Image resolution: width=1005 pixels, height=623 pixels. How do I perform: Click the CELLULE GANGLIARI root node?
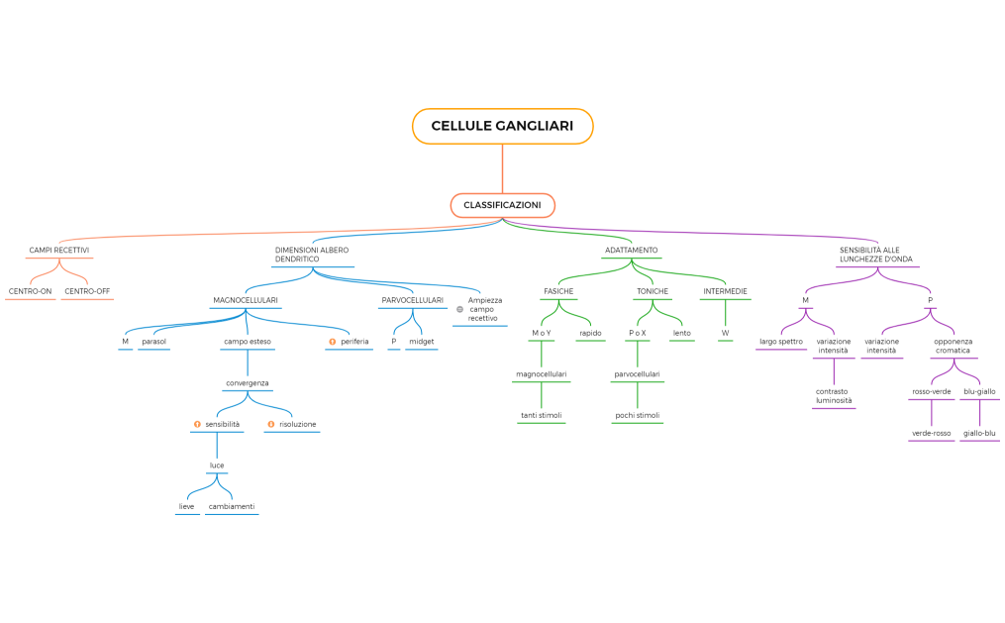coord(503,126)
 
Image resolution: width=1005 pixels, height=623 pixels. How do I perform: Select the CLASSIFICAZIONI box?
coord(503,205)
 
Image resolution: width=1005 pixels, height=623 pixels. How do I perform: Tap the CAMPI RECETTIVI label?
coord(59,250)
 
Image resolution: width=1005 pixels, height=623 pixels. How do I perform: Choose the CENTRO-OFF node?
coord(87,291)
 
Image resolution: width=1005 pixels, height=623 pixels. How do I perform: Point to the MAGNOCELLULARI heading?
coord(246,300)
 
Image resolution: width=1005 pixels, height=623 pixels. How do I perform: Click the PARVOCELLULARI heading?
coord(413,300)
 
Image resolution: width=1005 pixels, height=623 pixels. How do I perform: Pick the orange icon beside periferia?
coord(332,342)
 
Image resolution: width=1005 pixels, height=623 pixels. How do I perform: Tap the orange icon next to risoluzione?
coord(271,424)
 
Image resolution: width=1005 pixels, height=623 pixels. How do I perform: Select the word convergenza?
coord(248,383)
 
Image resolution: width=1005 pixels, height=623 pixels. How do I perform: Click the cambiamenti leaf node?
coord(232,506)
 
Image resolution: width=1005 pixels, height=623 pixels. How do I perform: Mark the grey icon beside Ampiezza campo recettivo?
coord(459,310)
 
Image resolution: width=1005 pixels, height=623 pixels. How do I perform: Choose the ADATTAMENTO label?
coord(632,250)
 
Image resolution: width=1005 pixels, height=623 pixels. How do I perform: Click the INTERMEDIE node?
coord(726,291)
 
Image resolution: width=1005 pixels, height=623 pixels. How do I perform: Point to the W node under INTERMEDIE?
coord(726,334)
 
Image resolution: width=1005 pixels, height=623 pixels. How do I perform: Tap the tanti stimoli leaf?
coord(542,415)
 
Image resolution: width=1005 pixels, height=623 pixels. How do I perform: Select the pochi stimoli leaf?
coord(638,415)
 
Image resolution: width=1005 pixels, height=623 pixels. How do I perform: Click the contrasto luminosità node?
coord(834,396)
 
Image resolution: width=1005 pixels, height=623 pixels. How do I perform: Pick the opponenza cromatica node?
coord(954,346)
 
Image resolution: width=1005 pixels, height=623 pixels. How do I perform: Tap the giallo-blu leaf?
coord(979,433)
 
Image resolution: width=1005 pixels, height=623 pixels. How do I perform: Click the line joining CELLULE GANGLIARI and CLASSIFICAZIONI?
coord(503,168)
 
